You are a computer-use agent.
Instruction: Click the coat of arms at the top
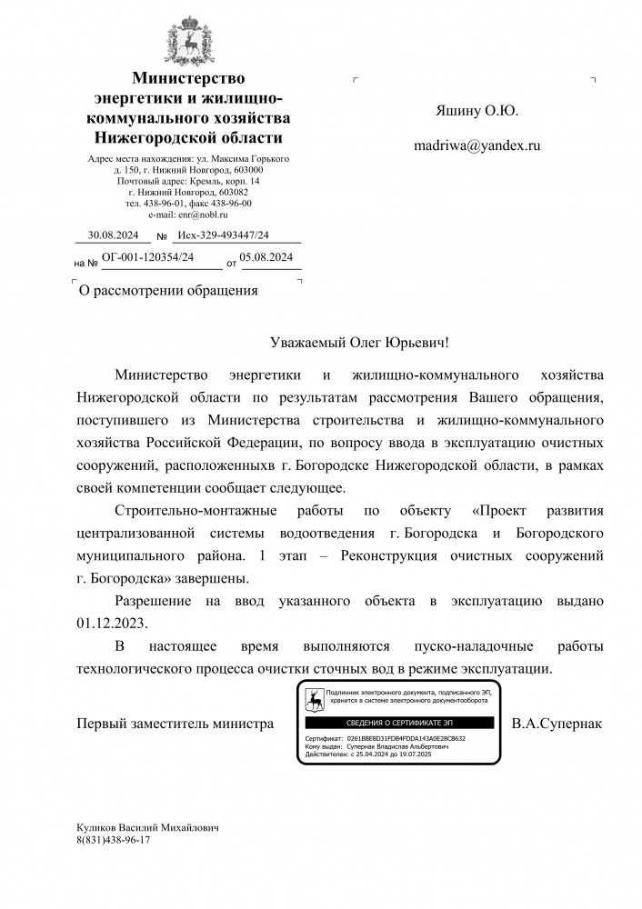[x=188, y=41]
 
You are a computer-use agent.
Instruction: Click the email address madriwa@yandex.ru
[x=476, y=144]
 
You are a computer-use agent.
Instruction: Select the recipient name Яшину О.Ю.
[x=476, y=111]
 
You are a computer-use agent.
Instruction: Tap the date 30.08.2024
[x=113, y=235]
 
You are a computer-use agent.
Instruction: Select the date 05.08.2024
[x=267, y=258]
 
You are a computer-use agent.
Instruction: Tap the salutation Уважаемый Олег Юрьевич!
[x=360, y=345]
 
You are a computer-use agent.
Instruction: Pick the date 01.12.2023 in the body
[x=112, y=624]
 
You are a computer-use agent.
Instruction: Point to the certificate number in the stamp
[x=406, y=739]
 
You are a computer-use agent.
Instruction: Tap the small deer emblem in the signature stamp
[x=314, y=699]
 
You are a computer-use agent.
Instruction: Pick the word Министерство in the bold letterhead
[x=188, y=79]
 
